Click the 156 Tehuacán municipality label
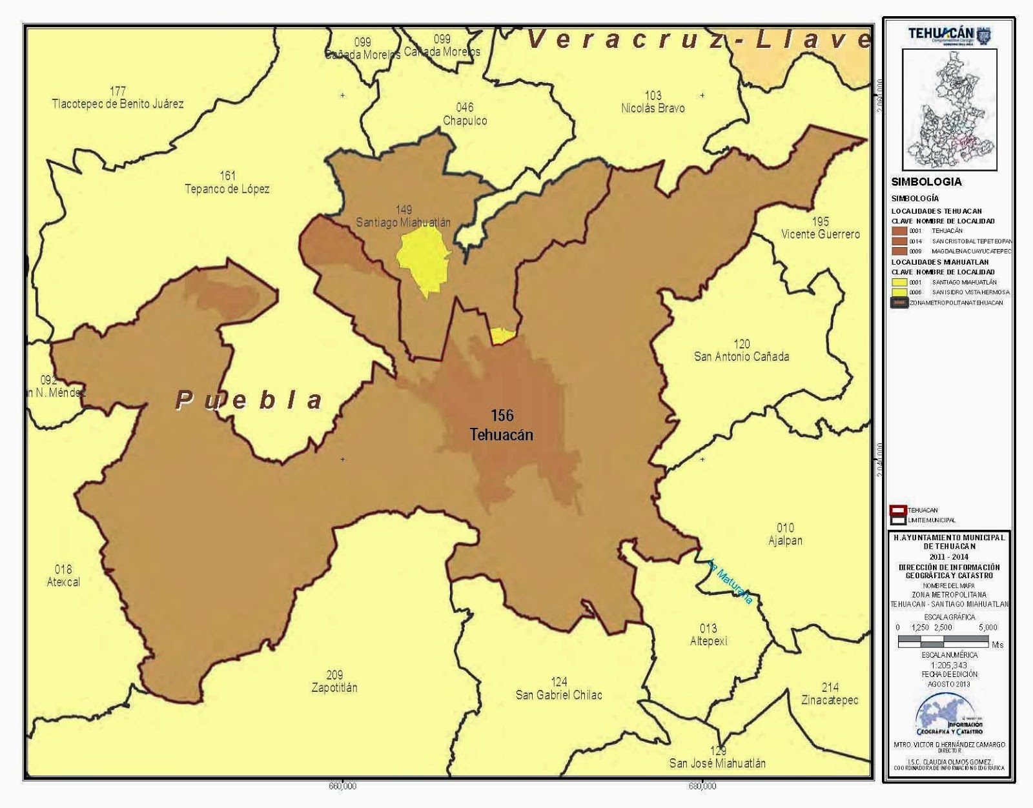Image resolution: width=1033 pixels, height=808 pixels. tap(502, 425)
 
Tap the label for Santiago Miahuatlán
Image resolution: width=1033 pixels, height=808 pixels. tap(404, 217)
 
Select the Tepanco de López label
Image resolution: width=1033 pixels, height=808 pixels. tap(227, 183)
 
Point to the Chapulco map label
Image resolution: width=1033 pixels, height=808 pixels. tap(465, 114)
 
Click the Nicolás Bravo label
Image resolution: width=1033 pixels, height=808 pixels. tap(653, 102)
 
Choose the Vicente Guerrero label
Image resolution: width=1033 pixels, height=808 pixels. tap(821, 228)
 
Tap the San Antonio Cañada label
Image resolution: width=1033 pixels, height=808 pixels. tap(741, 350)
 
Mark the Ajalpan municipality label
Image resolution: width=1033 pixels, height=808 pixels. tap(786, 534)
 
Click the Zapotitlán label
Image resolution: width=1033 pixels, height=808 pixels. tap(334, 682)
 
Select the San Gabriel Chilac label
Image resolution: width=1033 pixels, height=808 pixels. tap(558, 689)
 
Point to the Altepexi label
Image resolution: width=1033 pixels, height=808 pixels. tap(708, 635)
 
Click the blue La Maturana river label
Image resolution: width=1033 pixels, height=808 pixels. tap(730, 581)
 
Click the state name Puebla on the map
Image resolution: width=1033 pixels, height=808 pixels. tap(249, 400)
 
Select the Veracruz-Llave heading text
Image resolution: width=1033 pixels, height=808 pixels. tap(697, 40)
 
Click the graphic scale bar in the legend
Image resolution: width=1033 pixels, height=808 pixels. tap(943, 641)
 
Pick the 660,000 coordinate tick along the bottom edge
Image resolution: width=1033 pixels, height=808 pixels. tap(342, 787)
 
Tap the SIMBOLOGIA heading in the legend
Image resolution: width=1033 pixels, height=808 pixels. tap(926, 182)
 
